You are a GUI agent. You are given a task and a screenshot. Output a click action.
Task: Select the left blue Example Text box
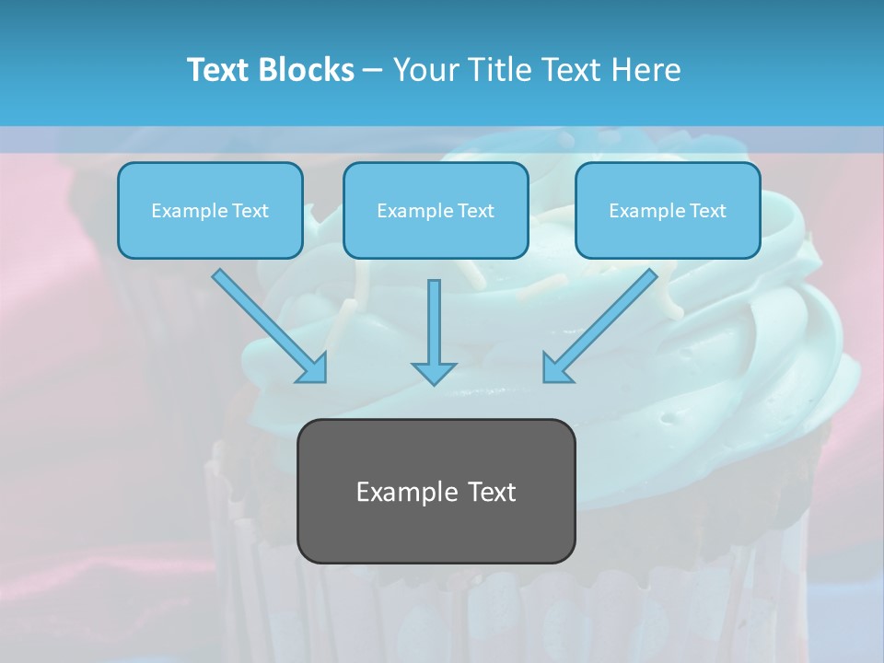[x=210, y=211]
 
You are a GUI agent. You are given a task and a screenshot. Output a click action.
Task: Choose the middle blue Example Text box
[x=436, y=211]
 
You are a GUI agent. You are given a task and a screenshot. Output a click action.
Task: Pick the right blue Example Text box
[x=668, y=211]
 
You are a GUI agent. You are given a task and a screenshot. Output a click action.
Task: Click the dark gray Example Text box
[x=436, y=492]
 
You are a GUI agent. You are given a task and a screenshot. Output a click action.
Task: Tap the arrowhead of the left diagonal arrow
[x=312, y=367]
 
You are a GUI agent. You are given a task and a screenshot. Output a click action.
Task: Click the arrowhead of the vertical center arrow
[x=434, y=373]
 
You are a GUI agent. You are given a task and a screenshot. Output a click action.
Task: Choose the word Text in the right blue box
[x=708, y=211]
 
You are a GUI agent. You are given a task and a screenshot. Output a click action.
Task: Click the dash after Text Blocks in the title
[x=373, y=71]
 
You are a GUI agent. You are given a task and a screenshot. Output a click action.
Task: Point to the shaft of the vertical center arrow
[x=434, y=318]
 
